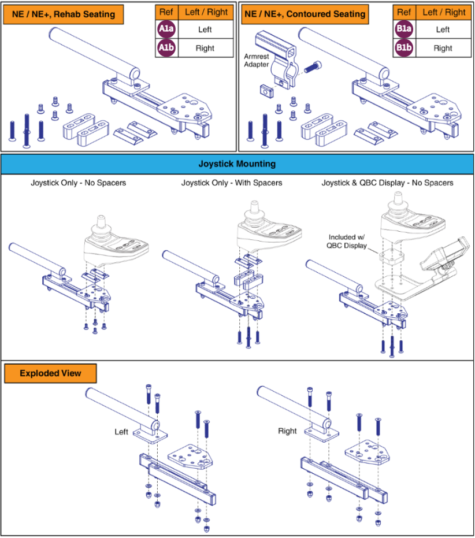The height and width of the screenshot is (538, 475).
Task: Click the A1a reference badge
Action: point(166,29)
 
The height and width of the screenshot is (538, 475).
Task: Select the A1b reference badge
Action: point(166,49)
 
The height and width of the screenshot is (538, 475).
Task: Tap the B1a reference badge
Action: point(404,29)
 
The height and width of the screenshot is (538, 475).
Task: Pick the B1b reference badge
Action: point(404,49)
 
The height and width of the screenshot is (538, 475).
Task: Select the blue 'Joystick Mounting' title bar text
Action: point(237,164)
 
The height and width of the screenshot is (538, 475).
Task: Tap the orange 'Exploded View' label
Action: point(51,373)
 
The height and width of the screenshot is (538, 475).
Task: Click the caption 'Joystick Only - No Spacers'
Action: point(79,183)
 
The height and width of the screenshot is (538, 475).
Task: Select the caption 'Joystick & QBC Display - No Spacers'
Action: point(388,183)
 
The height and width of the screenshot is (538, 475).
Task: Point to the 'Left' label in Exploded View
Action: point(121,432)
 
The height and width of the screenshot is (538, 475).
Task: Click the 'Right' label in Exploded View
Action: point(287,431)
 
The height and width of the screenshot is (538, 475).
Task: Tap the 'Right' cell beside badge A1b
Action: point(205,49)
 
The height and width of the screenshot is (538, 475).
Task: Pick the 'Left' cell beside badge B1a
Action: point(443,29)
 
